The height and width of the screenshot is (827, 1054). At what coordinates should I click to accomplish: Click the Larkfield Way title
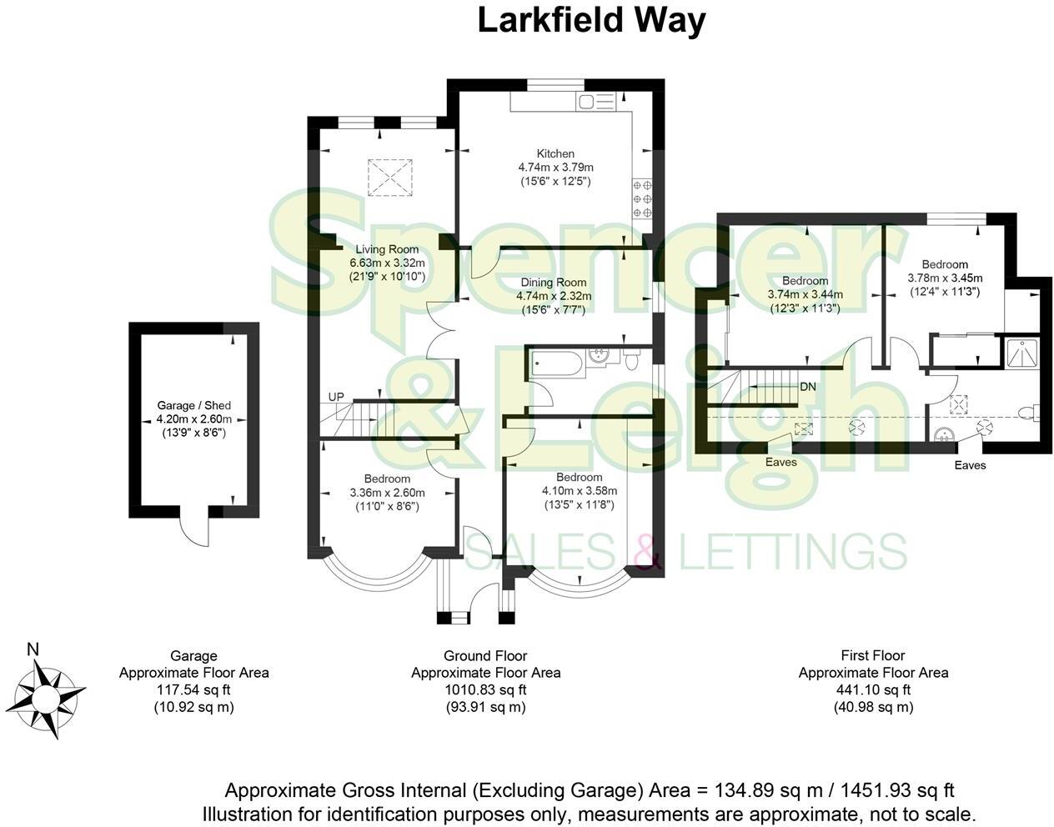point(591,21)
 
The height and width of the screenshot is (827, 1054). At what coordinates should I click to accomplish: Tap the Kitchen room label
point(555,153)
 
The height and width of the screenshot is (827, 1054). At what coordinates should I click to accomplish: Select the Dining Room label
point(554,283)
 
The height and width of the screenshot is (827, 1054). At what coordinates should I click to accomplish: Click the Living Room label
point(387,249)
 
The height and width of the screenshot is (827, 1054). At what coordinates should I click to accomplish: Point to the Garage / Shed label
point(194,406)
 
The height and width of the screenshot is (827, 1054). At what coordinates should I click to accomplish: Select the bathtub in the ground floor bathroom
point(556,363)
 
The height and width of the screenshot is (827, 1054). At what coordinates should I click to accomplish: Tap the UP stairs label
point(336,396)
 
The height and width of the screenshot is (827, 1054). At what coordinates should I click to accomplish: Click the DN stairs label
point(807,387)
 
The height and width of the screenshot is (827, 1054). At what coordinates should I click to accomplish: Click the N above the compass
point(33,649)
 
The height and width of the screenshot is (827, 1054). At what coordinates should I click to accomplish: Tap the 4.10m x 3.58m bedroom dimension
point(579,491)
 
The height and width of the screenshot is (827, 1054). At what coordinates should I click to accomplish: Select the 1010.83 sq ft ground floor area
point(485,689)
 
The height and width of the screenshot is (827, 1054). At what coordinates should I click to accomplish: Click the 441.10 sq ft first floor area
point(873,689)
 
